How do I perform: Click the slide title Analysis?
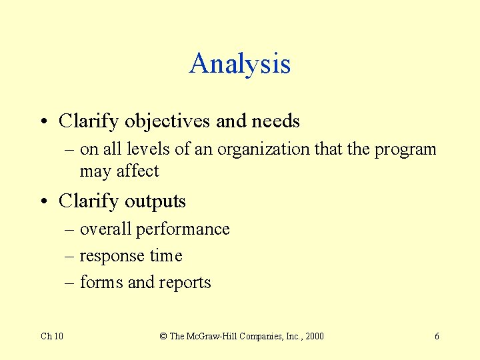(x=240, y=64)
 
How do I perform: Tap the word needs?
(x=275, y=121)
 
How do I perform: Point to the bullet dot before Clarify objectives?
(x=43, y=122)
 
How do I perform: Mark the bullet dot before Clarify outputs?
(x=43, y=201)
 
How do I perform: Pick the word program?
(x=405, y=149)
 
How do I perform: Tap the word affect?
(x=138, y=171)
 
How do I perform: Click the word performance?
(x=183, y=229)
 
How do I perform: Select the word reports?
(x=185, y=283)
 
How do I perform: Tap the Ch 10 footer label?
(x=52, y=336)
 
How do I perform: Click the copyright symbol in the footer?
(x=163, y=336)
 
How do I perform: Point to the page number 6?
(x=437, y=336)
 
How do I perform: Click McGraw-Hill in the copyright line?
(x=213, y=336)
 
